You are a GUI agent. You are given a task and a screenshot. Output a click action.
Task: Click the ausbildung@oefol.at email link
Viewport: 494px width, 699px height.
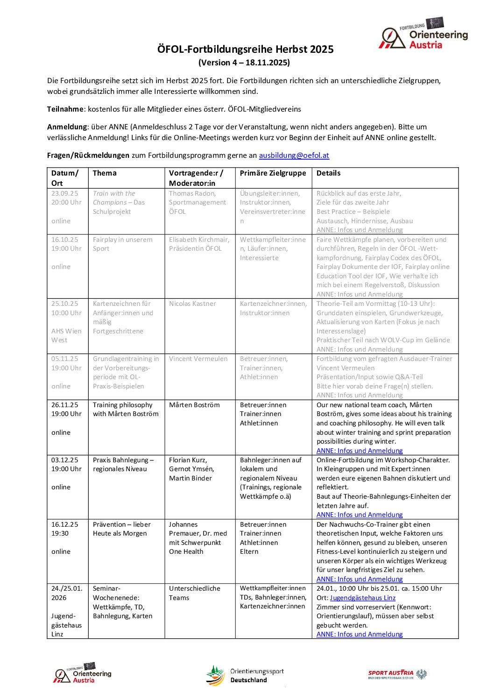coord(294,155)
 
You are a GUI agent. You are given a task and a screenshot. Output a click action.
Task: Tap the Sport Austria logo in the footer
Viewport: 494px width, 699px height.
coord(397,674)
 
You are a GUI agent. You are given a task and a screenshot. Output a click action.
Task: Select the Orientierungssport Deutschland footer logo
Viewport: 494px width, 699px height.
coord(245,675)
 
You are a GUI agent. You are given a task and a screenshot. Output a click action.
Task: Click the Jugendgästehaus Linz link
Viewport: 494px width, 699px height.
coord(362,598)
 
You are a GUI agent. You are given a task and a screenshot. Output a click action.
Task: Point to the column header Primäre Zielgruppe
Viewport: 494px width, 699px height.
coord(273,173)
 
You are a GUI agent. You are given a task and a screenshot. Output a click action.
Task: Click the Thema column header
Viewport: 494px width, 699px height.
coord(105,173)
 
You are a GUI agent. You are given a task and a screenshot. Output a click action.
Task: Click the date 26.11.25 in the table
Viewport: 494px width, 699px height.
coord(64,405)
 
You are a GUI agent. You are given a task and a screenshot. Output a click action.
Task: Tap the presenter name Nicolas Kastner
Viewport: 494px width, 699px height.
coord(192,304)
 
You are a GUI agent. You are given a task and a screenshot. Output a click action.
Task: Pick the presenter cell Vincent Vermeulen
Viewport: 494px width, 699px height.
coord(198,359)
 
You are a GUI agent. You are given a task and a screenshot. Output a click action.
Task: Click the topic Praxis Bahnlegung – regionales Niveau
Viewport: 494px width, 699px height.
coord(123,464)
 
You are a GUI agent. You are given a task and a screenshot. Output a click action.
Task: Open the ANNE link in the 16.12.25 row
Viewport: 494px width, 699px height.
coord(359,579)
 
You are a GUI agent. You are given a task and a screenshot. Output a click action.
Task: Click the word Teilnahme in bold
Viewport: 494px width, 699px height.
coord(65,109)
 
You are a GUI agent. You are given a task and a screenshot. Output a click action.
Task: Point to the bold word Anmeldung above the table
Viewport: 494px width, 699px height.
coord(67,127)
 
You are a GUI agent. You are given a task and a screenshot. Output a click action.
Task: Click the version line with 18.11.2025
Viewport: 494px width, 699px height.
coord(244,63)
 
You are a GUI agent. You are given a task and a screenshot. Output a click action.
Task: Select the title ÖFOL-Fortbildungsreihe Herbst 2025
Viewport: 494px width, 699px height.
coord(245,49)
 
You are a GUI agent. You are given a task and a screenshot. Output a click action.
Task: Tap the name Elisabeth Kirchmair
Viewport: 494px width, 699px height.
coord(199,240)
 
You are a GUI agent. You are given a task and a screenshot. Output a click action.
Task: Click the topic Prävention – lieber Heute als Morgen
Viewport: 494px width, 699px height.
coord(120,529)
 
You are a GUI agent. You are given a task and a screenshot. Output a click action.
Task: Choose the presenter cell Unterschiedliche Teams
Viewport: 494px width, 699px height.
coord(195,593)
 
